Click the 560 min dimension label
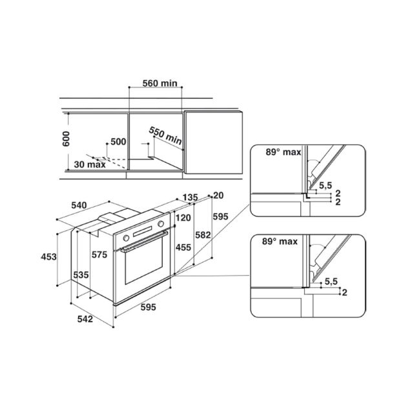pos(160,83)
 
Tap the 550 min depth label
pos(165,136)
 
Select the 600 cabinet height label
pos(66,139)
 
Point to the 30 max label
pos(90,165)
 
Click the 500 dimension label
pos(118,141)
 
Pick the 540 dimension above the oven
pos(79,205)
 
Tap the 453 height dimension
pos(48,256)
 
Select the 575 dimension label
pos(99,255)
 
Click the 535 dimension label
pos(81,275)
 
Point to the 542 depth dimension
pos(85,318)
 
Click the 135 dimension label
pos(191,197)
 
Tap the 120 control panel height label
pos(183,218)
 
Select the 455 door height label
pos(183,247)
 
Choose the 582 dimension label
pos(203,235)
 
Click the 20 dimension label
pos(218,195)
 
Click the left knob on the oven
pos(126,238)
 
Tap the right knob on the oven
pos(161,224)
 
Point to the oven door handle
pos(144,241)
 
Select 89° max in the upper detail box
pos(283,152)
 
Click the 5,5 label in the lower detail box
pos(331,281)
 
